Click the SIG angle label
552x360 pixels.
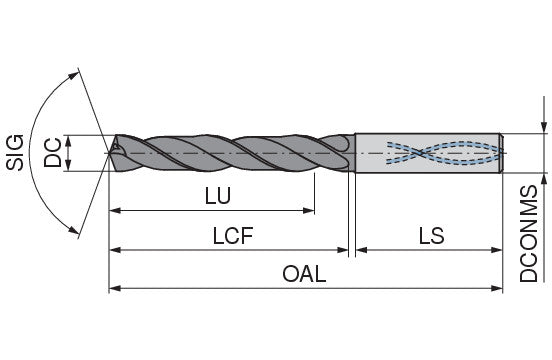(x=15, y=152)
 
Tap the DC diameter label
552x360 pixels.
(x=52, y=153)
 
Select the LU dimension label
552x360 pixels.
(x=218, y=196)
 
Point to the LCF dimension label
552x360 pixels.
(x=233, y=235)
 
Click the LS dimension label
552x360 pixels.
(x=431, y=235)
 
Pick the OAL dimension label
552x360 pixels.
(x=304, y=274)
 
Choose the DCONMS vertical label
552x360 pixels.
(x=529, y=234)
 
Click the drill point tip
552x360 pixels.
(x=110, y=153)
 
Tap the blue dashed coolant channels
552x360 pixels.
(x=445, y=153)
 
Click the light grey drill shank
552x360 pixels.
(x=429, y=153)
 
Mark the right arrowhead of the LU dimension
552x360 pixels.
(x=308, y=211)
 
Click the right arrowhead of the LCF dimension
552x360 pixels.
(x=343, y=250)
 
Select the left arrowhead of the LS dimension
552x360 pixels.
(x=361, y=250)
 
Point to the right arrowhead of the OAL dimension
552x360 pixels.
(x=496, y=289)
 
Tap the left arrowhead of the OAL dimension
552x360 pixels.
(x=115, y=289)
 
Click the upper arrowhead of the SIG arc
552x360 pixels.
(x=73, y=76)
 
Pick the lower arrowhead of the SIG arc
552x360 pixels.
(x=74, y=230)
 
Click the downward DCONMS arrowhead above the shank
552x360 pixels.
(x=544, y=127)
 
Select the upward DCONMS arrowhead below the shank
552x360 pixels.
(x=544, y=179)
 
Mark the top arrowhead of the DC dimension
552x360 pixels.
(x=68, y=140)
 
